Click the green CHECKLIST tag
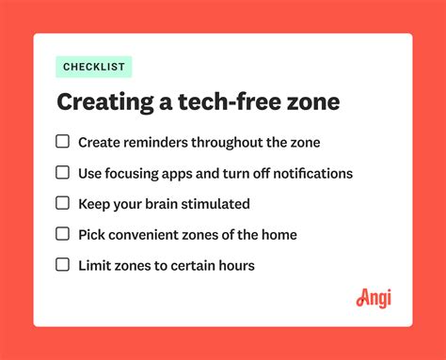tap(94, 67)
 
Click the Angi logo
tap(374, 298)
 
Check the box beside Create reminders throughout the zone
tap(63, 142)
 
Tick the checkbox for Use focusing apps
tap(63, 173)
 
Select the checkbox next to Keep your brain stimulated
tap(63, 203)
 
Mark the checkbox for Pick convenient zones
tap(63, 234)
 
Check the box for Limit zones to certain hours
tap(63, 265)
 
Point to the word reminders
tap(159, 143)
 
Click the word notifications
tap(310, 174)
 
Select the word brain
tap(163, 204)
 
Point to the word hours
tap(234, 266)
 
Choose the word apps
tap(181, 174)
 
